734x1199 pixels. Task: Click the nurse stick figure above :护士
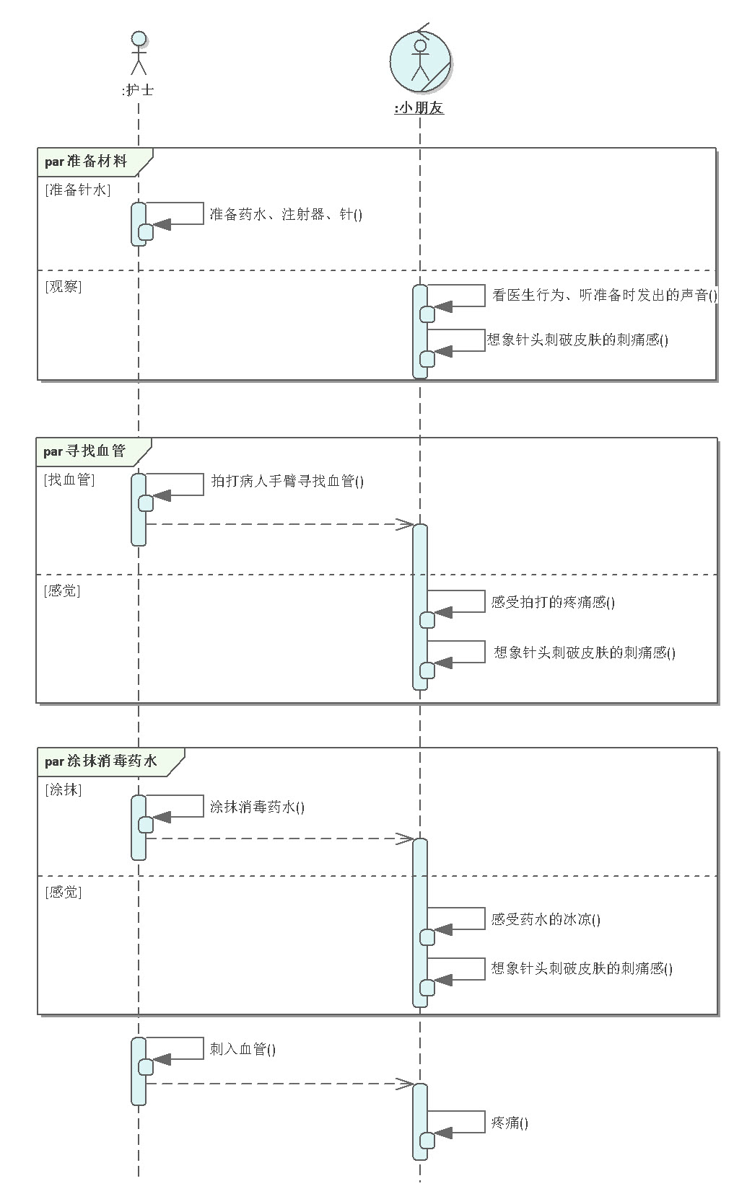tap(138, 53)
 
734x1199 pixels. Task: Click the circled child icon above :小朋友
tap(420, 61)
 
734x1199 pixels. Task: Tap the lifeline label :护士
tap(138, 90)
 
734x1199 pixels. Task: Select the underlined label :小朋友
tap(419, 109)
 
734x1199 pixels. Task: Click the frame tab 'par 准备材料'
tap(87, 162)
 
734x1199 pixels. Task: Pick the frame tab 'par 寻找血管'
tap(85, 451)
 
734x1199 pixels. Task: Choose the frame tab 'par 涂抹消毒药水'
tap(101, 761)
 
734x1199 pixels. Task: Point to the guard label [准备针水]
tap(78, 190)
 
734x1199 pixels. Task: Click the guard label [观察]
tap(64, 286)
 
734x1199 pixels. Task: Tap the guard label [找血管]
tap(69, 479)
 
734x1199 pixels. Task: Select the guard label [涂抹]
tap(64, 789)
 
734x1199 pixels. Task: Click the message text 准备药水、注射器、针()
tap(286, 214)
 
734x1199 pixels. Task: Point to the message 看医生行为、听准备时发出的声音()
tap(605, 295)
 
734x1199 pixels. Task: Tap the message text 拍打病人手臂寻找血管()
tap(287, 481)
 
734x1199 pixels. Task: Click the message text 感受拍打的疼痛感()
tap(553, 602)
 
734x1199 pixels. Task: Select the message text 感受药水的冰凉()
tap(546, 919)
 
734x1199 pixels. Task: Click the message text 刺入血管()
tap(243, 1049)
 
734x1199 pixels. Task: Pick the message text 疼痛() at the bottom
tap(510, 1123)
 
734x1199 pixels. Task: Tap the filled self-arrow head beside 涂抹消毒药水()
tap(162, 817)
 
